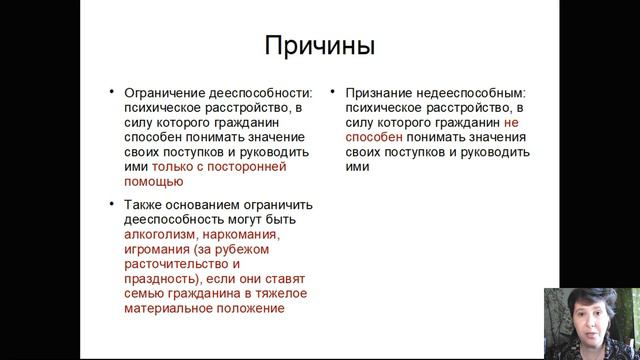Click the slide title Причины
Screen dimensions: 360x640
(x=319, y=46)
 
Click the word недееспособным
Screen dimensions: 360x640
(x=465, y=92)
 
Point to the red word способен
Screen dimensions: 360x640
(x=381, y=137)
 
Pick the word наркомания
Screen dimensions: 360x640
(x=237, y=234)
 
